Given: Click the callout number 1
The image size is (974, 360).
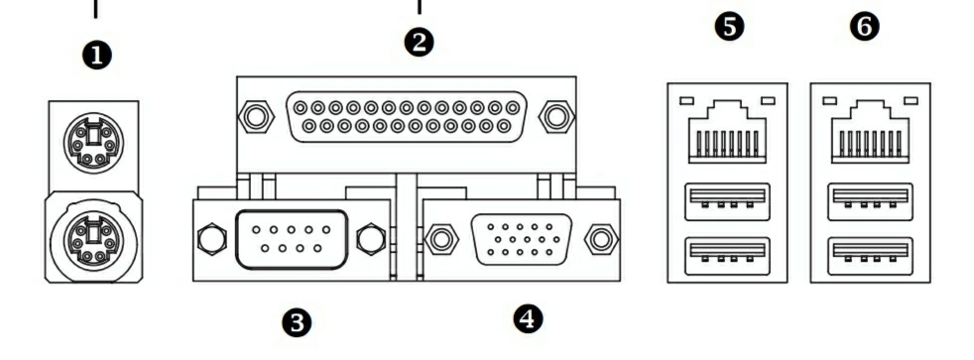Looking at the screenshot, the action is click(97, 56).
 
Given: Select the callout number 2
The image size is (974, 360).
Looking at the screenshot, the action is click(420, 43).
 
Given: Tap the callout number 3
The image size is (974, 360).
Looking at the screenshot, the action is click(297, 322).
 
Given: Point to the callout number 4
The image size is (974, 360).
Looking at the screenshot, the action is click(528, 319).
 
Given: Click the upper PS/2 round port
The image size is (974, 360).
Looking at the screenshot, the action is click(94, 143).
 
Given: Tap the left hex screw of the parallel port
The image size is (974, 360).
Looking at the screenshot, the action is click(257, 116).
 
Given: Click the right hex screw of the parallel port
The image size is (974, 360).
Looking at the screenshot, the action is click(556, 116).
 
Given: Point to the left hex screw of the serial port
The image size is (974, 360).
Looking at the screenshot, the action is click(211, 238).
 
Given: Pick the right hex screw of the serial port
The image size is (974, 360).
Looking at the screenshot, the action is click(371, 238).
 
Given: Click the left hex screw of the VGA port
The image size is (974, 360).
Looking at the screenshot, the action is click(441, 239).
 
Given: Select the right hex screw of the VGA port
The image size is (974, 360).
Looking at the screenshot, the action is click(601, 239).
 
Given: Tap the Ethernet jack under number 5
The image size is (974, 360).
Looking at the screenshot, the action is click(727, 132).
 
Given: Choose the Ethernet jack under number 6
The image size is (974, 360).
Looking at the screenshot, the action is click(870, 132).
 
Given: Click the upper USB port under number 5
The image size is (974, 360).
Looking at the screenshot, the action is click(727, 201).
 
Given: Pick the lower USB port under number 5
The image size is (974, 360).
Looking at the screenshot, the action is click(727, 256).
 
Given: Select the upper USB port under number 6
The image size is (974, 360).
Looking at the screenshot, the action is click(870, 201).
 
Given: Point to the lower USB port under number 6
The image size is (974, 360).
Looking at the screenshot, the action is click(870, 256).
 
